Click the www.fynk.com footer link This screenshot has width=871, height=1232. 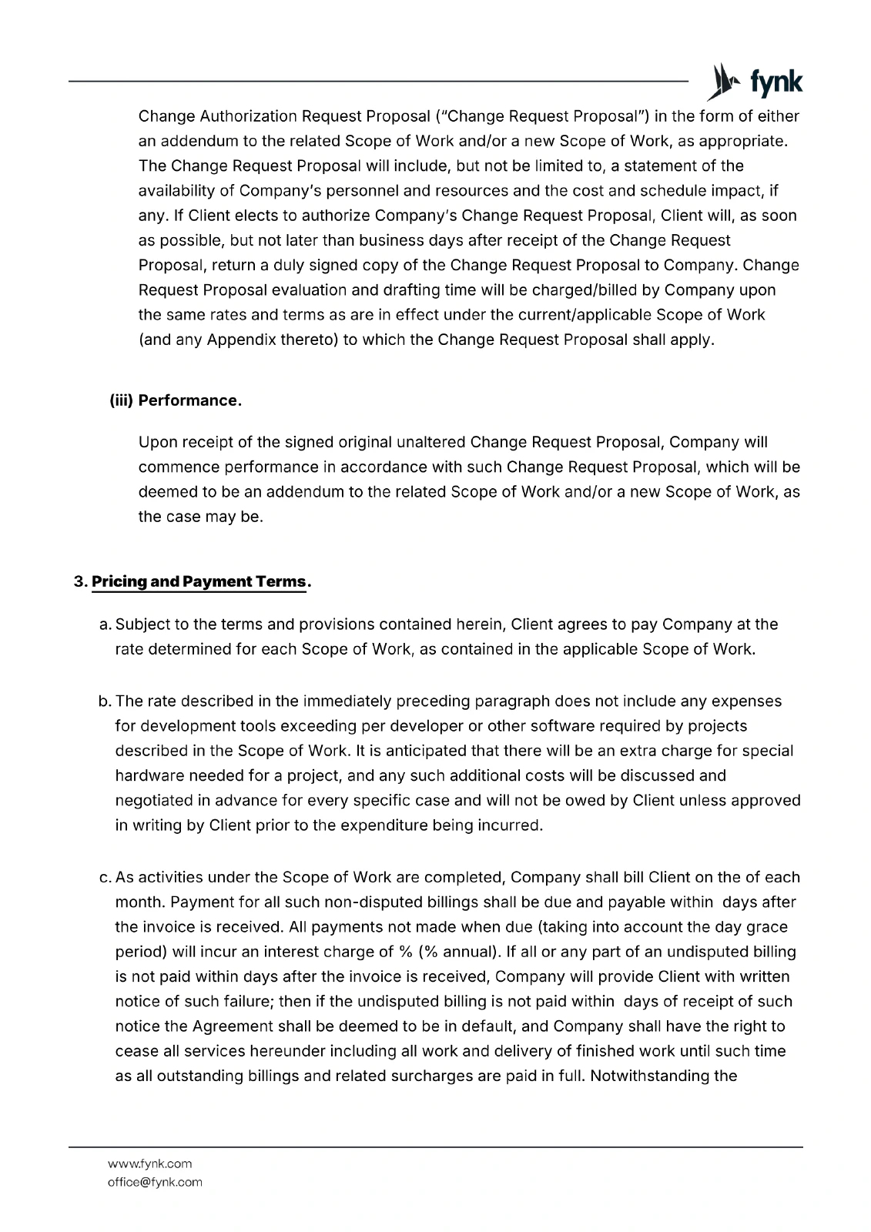(149, 1163)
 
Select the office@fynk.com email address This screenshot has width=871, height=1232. (155, 1182)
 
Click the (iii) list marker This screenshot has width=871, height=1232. (121, 400)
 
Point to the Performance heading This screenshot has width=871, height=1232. (190, 400)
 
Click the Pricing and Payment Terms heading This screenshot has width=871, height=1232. (199, 581)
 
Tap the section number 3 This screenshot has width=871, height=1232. (79, 581)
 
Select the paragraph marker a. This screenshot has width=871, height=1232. (106, 624)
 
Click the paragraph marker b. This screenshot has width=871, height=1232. (106, 701)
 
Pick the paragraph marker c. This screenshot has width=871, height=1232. (106, 877)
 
